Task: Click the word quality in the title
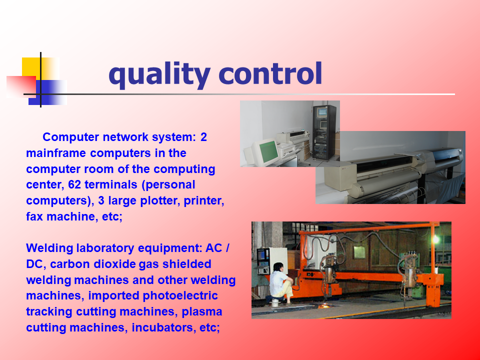pyautogui.click(x=159, y=75)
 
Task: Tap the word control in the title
pyautogui.click(x=270, y=73)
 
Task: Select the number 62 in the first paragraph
pyautogui.click(x=74, y=184)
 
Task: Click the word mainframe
pyautogui.click(x=56, y=153)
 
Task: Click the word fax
pyautogui.click(x=34, y=216)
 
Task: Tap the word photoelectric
pyautogui.click(x=180, y=295)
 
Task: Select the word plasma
pyautogui.click(x=201, y=311)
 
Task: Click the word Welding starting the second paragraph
pyautogui.click(x=49, y=248)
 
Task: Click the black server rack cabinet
pyautogui.click(x=324, y=132)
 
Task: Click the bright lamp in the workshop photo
pyautogui.click(x=435, y=239)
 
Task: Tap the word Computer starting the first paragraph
pyautogui.click(x=71, y=137)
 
